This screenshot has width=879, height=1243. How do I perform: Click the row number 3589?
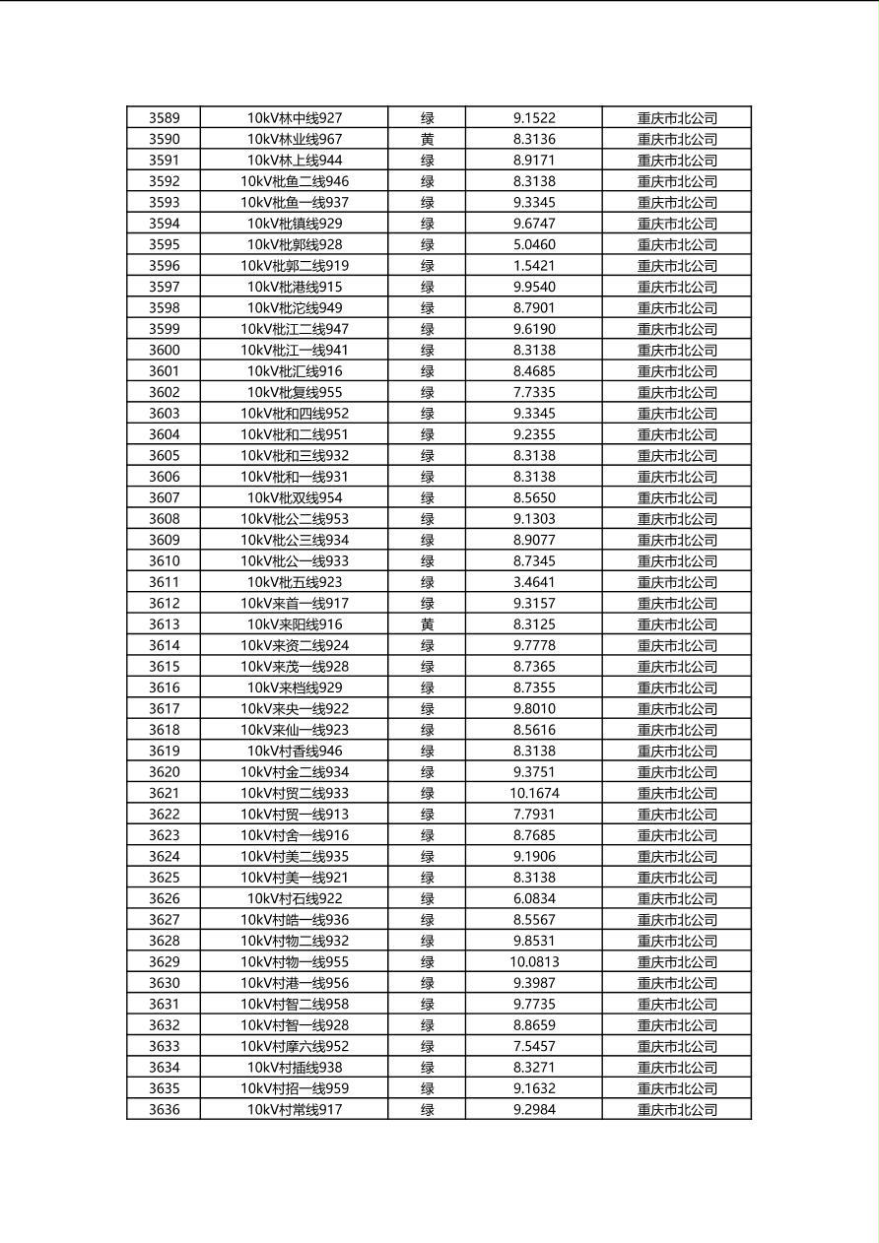coord(165,118)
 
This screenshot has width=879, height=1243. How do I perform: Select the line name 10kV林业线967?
coord(295,140)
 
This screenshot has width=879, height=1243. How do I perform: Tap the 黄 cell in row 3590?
coord(427,140)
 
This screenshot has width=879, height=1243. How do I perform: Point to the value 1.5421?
coord(534,266)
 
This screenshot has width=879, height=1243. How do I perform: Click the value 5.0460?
coord(534,245)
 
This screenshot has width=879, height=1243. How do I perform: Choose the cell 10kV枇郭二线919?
coord(295,266)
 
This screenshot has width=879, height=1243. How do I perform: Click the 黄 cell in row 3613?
coord(427,624)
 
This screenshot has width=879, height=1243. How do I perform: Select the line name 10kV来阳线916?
coord(295,624)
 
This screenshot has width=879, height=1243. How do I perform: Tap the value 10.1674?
coord(534,794)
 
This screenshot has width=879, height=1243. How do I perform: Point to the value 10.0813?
coord(534,962)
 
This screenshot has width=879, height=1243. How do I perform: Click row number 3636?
coord(165,1110)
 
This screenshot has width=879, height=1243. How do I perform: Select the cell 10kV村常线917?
coord(295,1110)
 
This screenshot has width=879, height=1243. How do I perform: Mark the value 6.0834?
coord(534,899)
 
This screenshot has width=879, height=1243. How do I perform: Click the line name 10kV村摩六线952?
coord(295,1047)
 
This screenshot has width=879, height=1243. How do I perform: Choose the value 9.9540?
coord(534,288)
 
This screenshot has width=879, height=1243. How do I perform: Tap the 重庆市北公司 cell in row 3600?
coord(677,351)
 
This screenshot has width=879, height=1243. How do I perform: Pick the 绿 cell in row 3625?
coord(427,878)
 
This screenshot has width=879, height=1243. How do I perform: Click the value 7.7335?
coord(534,393)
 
